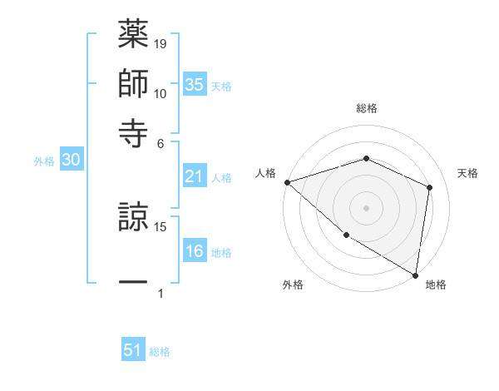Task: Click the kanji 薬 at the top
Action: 133,36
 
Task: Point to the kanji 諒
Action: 133,220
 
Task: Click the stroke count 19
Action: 161,42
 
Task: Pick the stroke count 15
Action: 161,226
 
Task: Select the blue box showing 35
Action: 195,84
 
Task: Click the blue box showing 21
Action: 195,176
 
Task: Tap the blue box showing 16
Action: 195,251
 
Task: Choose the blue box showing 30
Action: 71,161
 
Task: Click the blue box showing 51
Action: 133,350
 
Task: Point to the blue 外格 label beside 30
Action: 44,161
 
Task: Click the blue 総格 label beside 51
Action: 160,352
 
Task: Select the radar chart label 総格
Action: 366,108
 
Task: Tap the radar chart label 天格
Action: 468,173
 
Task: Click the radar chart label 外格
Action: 293,285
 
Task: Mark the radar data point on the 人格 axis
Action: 286,181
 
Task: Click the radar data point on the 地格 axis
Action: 416,275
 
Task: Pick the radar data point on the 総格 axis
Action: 366,158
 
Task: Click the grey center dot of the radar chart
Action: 366,207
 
